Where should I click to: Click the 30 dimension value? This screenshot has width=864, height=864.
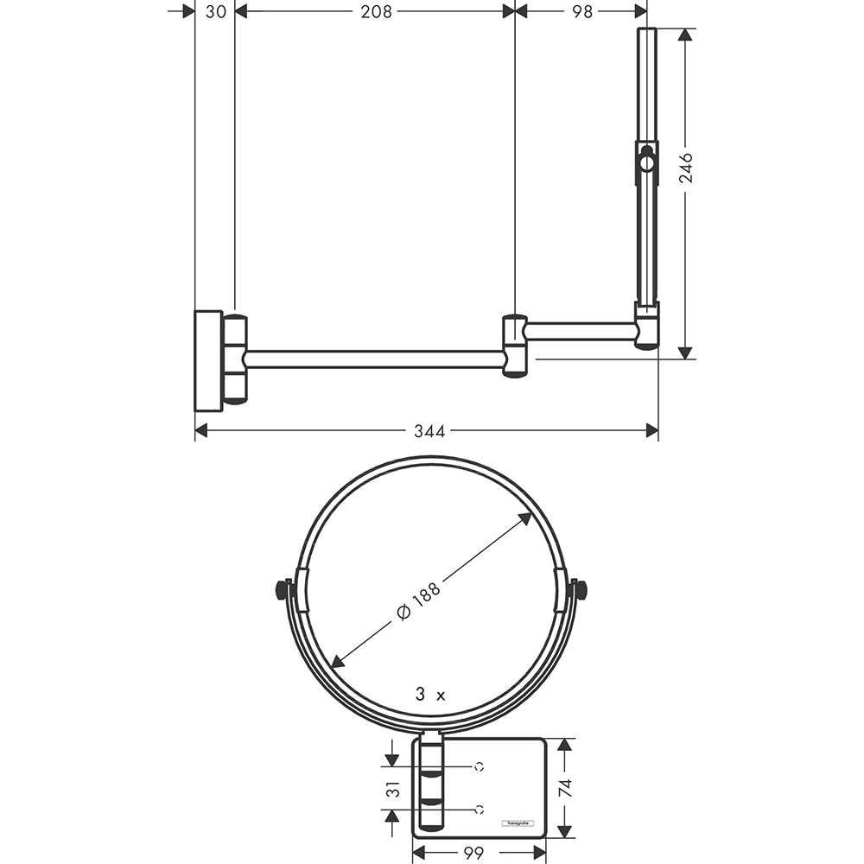pyautogui.click(x=216, y=11)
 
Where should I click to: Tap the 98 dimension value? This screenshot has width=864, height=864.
pyautogui.click(x=583, y=11)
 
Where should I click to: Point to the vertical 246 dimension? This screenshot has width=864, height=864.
pyautogui.click(x=686, y=169)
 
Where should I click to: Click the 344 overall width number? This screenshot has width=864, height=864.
pyautogui.click(x=429, y=431)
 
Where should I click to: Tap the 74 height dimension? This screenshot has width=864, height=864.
pyautogui.click(x=565, y=788)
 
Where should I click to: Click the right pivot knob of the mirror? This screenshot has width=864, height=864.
pyautogui.click(x=581, y=591)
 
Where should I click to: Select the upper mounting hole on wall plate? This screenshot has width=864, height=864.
pyautogui.click(x=479, y=766)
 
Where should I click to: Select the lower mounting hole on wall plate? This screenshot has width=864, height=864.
pyautogui.click(x=479, y=810)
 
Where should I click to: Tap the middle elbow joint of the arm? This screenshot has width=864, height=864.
pyautogui.click(x=515, y=346)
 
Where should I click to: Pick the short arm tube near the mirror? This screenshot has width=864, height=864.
pyautogui.click(x=581, y=331)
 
